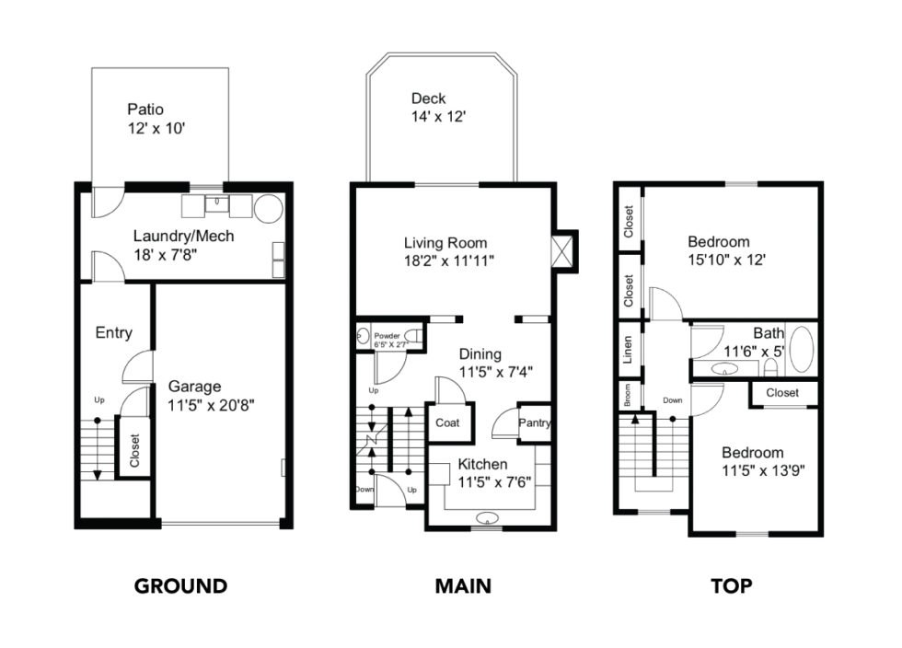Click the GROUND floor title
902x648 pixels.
[180, 586]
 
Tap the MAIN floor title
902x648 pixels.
[463, 586]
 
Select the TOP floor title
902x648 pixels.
[733, 586]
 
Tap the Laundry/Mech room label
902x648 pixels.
[183, 236]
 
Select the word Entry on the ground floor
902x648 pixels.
[113, 333]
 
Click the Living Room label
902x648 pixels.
[445, 243]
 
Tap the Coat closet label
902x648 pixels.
[447, 423]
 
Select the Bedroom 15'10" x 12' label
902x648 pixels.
[732, 251]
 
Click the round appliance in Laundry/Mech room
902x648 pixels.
[268, 209]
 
